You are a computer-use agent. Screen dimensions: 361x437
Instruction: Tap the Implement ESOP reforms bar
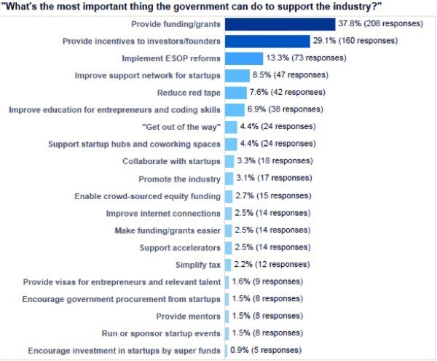pos(244,58)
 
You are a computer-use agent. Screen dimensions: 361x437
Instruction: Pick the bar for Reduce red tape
pos(236,93)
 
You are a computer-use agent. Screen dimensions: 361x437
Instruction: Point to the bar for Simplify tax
pos(228,264)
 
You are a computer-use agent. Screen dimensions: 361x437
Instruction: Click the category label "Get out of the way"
pos(181,127)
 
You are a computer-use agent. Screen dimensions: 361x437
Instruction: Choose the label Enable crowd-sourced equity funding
pos(148,195)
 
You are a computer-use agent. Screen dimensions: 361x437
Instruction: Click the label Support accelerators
pos(178,247)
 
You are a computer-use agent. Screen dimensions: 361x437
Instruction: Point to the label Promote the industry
pos(179,179)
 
